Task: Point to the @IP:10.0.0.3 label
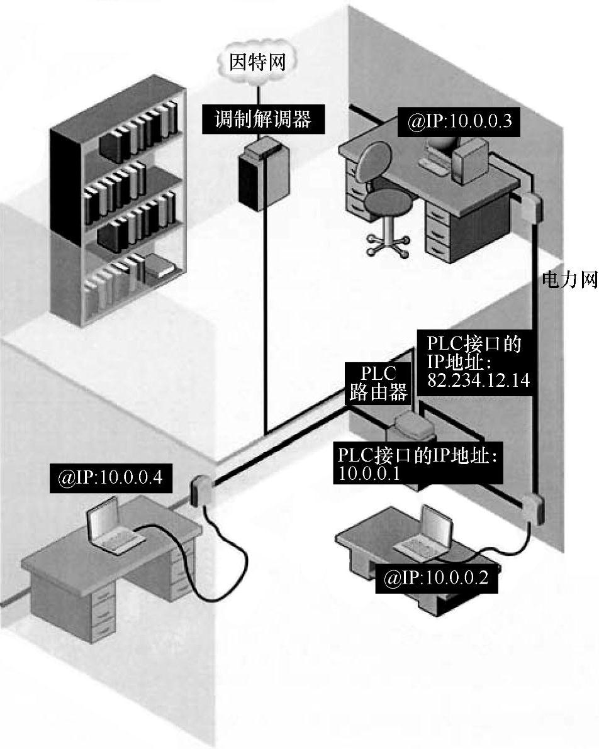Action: (x=460, y=122)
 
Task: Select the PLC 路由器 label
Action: (x=378, y=383)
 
